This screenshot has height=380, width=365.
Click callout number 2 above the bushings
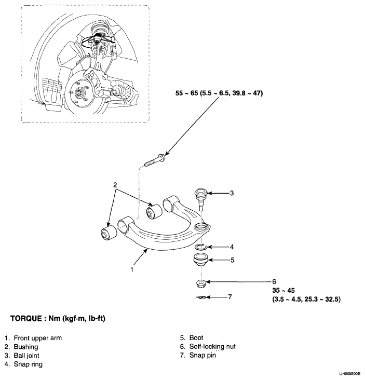[x=116, y=185]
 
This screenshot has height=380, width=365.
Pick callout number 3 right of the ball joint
[x=232, y=194]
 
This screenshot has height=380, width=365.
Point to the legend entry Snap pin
[x=202, y=355]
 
